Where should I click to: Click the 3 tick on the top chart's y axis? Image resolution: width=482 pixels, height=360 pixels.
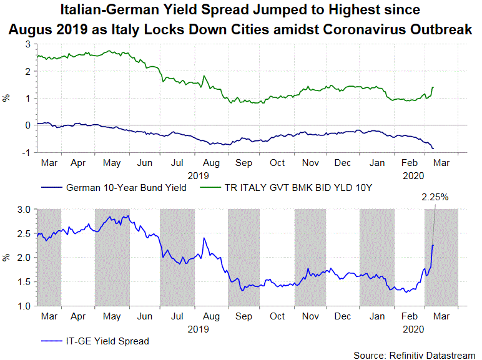click(x=28, y=46)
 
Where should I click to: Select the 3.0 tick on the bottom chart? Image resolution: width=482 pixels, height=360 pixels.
click(x=24, y=210)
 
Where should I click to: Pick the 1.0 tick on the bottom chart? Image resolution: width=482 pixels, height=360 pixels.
click(x=24, y=306)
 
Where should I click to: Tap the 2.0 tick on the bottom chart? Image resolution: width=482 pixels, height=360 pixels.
click(x=24, y=258)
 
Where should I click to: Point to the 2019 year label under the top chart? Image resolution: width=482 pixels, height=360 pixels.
click(x=199, y=175)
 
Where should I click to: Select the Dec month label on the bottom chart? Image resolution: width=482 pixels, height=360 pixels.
click(x=342, y=317)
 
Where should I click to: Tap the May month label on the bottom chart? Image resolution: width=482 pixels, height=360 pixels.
click(x=111, y=317)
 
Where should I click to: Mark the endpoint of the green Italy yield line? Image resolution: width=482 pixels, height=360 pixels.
click(x=433, y=87)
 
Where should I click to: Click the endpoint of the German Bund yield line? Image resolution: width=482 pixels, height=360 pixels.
click(x=433, y=148)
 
